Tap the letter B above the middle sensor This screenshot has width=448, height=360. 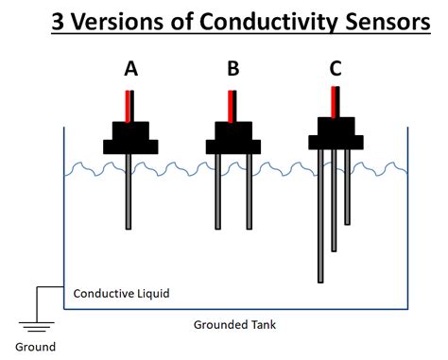point(233,68)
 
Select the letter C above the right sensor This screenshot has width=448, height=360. point(336,68)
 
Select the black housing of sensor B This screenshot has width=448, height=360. point(233,138)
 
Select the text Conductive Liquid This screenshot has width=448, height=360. point(122,294)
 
